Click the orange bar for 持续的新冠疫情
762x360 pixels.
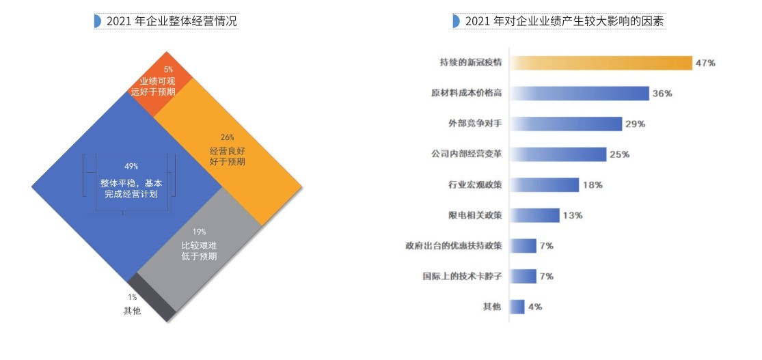[601, 63]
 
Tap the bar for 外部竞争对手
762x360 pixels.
[567, 124]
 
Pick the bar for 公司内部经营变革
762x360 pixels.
[558, 154]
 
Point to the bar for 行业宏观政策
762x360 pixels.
[545, 184]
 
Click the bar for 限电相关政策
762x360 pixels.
[535, 215]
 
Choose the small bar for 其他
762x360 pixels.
[518, 307]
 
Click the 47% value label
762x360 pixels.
[705, 63]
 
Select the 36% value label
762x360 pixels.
[662, 94]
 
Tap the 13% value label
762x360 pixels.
[573, 216]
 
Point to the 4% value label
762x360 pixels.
[535, 307]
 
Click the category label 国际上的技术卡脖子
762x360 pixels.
[463, 277]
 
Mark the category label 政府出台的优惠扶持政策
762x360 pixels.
[454, 246]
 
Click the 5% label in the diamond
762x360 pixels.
[168, 70]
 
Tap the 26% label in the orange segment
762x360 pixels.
[228, 136]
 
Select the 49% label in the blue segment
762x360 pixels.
[131, 167]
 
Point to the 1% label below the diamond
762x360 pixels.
[132, 297]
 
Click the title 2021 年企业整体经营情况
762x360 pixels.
[172, 21]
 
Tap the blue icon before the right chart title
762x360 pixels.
[456, 21]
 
